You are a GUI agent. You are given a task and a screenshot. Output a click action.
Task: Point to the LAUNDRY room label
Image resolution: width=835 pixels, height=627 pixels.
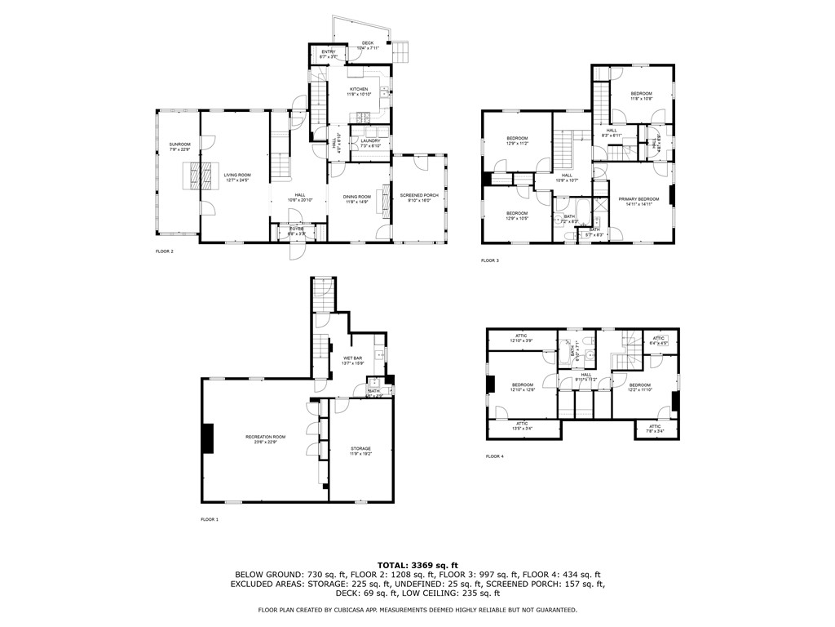click(x=370, y=142)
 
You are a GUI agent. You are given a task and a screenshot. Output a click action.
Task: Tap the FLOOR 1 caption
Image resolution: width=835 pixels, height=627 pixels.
click(x=210, y=519)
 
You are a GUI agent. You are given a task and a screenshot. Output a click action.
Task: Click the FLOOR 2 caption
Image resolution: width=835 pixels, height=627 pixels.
click(x=165, y=251)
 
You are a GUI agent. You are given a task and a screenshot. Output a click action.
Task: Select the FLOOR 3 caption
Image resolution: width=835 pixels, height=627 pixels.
click(x=489, y=260)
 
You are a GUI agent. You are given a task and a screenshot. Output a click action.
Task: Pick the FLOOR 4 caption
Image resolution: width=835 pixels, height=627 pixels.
click(x=494, y=456)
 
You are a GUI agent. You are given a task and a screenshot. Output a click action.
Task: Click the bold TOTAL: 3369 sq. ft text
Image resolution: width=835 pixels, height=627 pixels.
click(x=417, y=565)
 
